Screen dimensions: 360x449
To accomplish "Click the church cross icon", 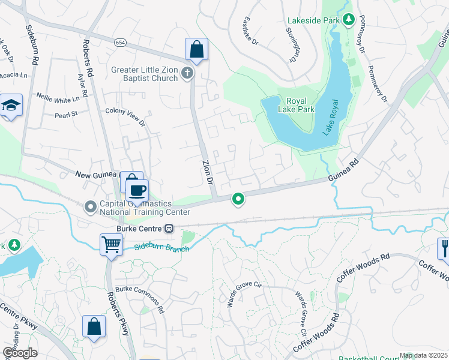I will (187, 73).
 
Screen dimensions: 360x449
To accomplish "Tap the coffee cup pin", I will (138, 191).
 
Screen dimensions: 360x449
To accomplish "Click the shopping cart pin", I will (111, 245).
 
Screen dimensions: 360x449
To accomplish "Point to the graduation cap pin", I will (11, 106).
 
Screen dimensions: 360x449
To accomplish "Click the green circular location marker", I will (238, 199).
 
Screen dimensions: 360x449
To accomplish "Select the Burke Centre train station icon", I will (170, 229).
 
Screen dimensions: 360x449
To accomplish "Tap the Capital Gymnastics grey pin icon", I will (91, 207).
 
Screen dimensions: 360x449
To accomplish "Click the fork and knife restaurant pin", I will (444, 248).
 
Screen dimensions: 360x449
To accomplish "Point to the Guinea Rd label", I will (343, 170).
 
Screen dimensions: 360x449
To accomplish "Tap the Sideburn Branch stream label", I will (161, 247).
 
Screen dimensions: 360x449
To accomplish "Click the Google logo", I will (19, 352).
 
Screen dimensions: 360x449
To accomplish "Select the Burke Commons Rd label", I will (140, 299).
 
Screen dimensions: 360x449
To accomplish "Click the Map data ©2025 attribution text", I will (423, 355).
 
